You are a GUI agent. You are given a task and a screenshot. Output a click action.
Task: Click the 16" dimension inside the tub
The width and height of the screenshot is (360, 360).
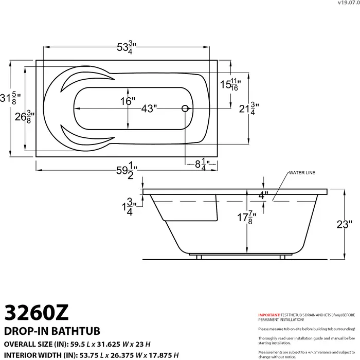[128, 101]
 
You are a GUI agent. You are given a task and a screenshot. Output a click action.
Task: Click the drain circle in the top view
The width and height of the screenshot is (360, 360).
[185, 109]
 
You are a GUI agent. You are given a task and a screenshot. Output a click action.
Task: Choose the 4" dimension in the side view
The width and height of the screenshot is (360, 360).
[263, 195]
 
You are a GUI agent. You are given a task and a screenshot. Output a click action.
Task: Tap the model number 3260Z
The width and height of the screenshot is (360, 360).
[35, 312]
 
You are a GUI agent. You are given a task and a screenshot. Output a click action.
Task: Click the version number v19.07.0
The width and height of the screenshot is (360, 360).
[348, 3]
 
